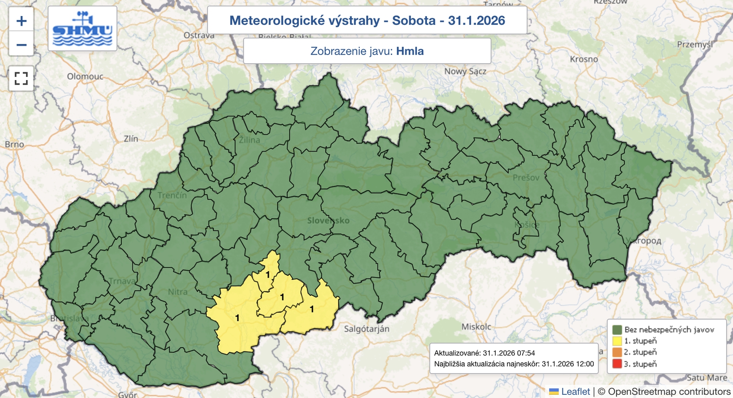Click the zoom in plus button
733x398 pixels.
point(21,21)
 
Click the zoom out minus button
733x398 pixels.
point(21,45)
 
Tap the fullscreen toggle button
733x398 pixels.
point(21,78)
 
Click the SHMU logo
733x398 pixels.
point(82,28)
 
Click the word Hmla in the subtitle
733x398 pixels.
point(410,51)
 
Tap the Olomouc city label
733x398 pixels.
point(85,76)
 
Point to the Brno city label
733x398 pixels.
point(14,144)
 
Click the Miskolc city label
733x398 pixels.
point(476,327)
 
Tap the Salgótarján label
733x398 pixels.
point(366,329)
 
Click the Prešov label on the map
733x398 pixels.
point(526,178)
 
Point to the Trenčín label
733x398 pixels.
point(172,196)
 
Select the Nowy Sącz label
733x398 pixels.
point(465,71)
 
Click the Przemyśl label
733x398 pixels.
point(695,44)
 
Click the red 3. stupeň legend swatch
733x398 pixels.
point(617,364)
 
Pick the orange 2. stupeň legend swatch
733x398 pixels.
point(617,352)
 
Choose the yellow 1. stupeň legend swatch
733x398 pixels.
point(617,341)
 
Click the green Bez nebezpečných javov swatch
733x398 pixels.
point(617,329)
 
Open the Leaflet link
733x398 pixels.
point(575,392)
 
